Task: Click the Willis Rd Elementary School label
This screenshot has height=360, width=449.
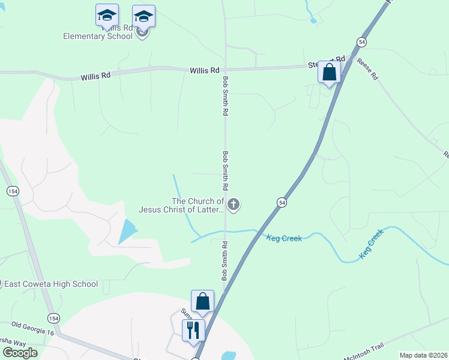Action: pyautogui.click(x=98, y=36)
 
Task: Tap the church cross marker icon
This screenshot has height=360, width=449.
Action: pyautogui.click(x=234, y=205)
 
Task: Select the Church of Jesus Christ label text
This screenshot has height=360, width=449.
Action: pyautogui.click(x=181, y=205)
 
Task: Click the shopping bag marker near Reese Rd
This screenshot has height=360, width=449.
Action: pyautogui.click(x=329, y=73)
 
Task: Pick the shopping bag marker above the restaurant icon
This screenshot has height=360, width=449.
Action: pyautogui.click(x=202, y=302)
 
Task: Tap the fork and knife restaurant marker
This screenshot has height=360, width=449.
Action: pyautogui.click(x=193, y=331)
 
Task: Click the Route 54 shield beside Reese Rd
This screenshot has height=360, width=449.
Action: pyautogui.click(x=361, y=41)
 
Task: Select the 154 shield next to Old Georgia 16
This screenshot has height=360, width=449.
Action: pyautogui.click(x=54, y=318)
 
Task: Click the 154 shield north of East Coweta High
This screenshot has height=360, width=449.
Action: pyautogui.click(x=12, y=191)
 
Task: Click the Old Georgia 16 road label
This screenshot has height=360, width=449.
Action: pyautogui.click(x=32, y=328)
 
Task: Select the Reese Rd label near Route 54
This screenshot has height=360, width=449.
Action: pyautogui.click(x=367, y=68)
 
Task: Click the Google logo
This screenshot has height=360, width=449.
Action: pyautogui.click(x=20, y=352)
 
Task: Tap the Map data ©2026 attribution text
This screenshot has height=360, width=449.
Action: pyautogui.click(x=423, y=355)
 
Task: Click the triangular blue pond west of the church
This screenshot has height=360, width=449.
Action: pyautogui.click(x=127, y=230)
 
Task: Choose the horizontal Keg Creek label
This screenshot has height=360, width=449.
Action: pyautogui.click(x=284, y=238)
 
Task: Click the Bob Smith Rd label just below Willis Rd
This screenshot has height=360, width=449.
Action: pyautogui.click(x=226, y=95)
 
